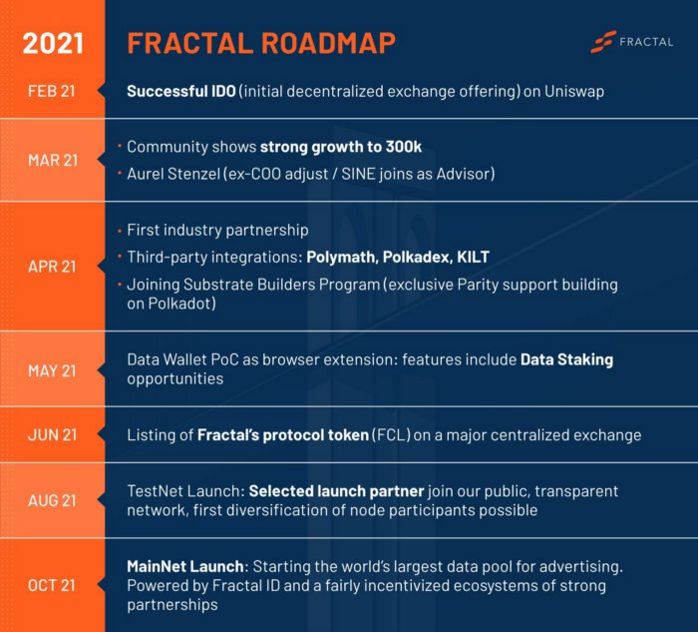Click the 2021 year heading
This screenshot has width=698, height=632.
pyautogui.click(x=53, y=43)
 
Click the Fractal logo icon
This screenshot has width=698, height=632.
pyautogui.click(x=602, y=42)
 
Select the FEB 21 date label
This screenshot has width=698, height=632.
pyautogui.click(x=52, y=91)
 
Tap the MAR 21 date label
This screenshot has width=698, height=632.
pyautogui.click(x=52, y=161)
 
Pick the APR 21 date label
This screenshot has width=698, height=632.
pyautogui.click(x=52, y=267)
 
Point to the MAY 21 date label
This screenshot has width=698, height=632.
pyautogui.click(x=52, y=370)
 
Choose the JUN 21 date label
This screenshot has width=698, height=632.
pyautogui.click(x=52, y=435)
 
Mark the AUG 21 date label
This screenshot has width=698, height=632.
pyautogui.click(x=52, y=500)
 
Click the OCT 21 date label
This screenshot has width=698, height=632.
pyautogui.click(x=52, y=585)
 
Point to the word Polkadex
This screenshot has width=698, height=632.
pyautogui.click(x=412, y=257)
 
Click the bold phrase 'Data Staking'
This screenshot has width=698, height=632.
pyautogui.click(x=566, y=360)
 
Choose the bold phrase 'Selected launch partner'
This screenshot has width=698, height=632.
pyautogui.click(x=336, y=491)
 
